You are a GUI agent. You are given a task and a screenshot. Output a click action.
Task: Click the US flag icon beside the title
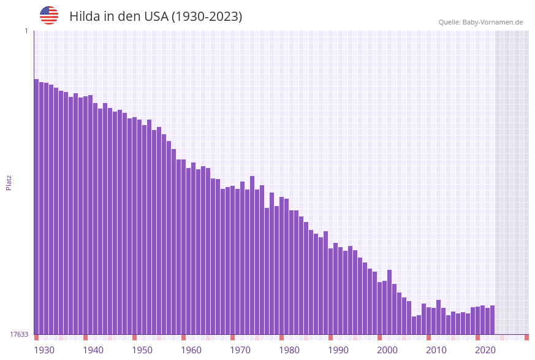[x=49, y=15]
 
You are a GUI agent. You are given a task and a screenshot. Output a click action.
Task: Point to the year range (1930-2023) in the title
[x=207, y=17]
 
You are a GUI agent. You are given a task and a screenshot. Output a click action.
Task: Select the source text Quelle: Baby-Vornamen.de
[x=480, y=22]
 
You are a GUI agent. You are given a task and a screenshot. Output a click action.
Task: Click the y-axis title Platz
[x=9, y=182]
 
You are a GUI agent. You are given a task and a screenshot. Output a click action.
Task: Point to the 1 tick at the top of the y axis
[x=26, y=31]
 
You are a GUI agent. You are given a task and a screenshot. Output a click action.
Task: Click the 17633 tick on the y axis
[x=19, y=334]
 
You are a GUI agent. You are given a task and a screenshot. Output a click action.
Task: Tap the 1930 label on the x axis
[x=44, y=350]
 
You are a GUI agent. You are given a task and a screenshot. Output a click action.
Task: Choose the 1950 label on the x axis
[x=142, y=350]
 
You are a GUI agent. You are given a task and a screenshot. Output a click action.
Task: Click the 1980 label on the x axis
[x=289, y=350]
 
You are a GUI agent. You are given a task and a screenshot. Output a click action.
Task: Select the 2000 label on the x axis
[x=387, y=350]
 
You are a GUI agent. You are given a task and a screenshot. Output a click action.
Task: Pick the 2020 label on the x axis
[x=485, y=350]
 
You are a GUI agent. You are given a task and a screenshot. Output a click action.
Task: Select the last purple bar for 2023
[x=492, y=320]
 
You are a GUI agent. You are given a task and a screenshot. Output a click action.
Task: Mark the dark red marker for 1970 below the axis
[x=232, y=337]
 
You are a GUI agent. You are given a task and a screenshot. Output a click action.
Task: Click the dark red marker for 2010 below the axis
[x=428, y=337]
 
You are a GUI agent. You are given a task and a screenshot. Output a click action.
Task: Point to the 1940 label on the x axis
[x=93, y=350]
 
